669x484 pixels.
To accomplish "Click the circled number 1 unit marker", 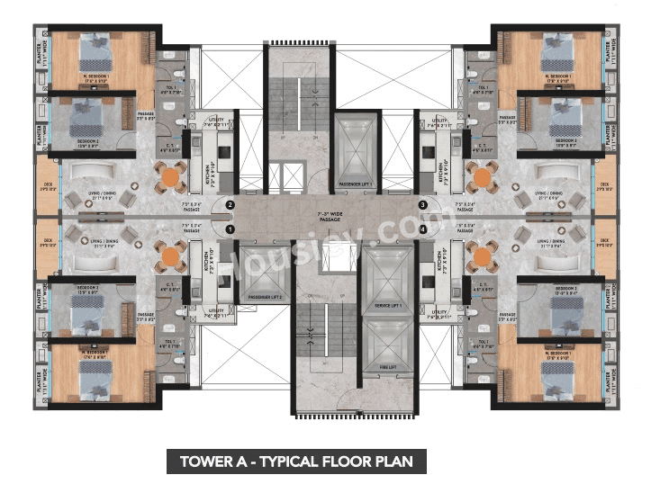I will coord(231,229).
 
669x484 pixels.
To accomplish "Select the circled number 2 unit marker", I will coord(231,206).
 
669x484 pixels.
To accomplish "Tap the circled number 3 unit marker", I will coord(423,206).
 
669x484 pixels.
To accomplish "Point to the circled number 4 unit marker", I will coord(423,229).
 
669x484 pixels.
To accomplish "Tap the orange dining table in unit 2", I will coord(170,178).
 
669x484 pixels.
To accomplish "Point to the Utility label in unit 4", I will coord(441,314).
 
